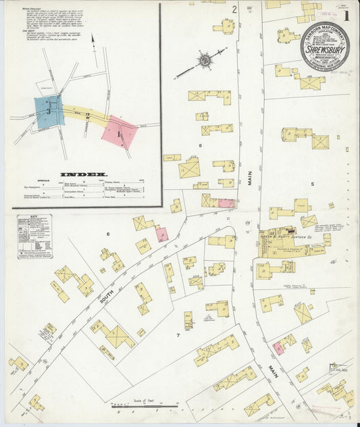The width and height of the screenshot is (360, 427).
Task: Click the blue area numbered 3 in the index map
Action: pyautogui.click(x=49, y=109)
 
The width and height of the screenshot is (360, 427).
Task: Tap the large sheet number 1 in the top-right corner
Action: pyautogui.click(x=345, y=16)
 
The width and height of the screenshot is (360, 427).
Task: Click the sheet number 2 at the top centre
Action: pyautogui.click(x=234, y=9)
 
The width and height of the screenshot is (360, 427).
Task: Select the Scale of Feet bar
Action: pyautogui.click(x=143, y=405)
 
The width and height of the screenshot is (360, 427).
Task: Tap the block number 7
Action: pyautogui.click(x=178, y=334)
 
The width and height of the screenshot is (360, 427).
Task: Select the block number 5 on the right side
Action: pyautogui.click(x=313, y=183)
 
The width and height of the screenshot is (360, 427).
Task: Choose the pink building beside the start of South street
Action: pyautogui.click(x=161, y=234)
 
